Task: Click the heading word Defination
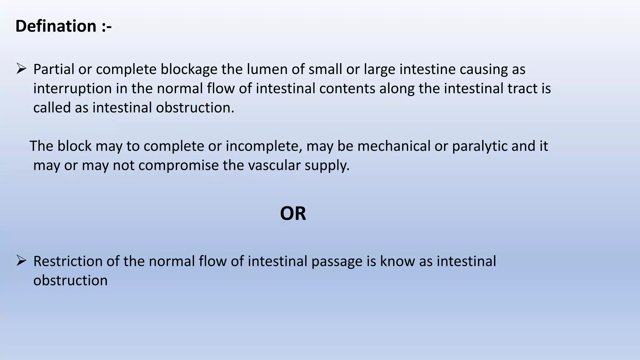click(56, 26)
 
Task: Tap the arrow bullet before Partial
click(21, 68)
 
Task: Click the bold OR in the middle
click(293, 214)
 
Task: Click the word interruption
click(72, 89)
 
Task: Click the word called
click(52, 108)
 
